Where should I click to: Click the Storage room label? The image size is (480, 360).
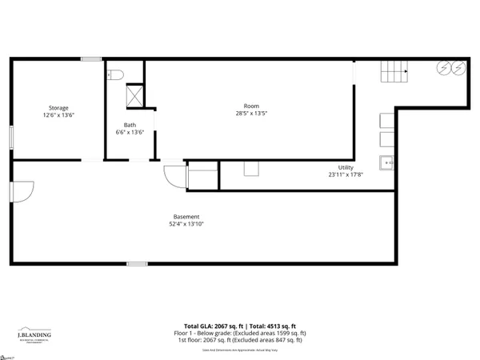[x=58, y=108]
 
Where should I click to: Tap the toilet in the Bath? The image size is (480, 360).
[x=115, y=74]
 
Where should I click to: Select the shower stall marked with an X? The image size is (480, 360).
[x=136, y=96]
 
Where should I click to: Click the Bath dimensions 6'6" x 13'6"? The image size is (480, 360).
[x=130, y=132]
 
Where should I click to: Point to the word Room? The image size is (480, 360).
[x=251, y=106]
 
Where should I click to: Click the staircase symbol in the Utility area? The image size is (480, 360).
[x=393, y=74]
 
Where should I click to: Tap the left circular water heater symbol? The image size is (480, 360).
[x=441, y=69]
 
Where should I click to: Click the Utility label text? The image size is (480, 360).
[x=346, y=167]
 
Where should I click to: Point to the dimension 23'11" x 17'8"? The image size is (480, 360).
[x=346, y=174]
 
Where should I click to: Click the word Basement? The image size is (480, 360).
[x=186, y=217]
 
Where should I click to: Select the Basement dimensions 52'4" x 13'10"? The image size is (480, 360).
[x=186, y=225]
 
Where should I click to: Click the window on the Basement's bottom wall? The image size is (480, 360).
[x=137, y=263]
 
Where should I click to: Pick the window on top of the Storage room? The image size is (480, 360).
[x=90, y=58]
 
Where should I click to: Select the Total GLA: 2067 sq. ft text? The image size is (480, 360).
[x=212, y=326]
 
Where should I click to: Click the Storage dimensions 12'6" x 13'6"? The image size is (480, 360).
[x=58, y=116]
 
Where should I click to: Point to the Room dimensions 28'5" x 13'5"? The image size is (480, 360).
[x=251, y=114]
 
